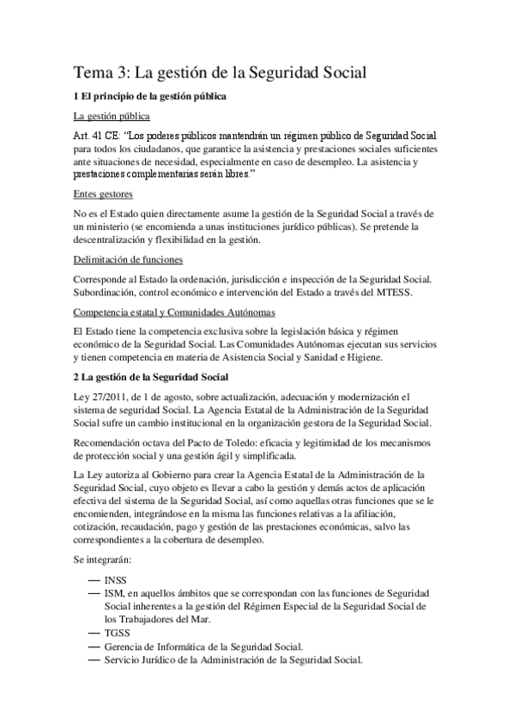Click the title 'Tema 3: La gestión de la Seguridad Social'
coord(220,73)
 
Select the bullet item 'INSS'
coord(118,580)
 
